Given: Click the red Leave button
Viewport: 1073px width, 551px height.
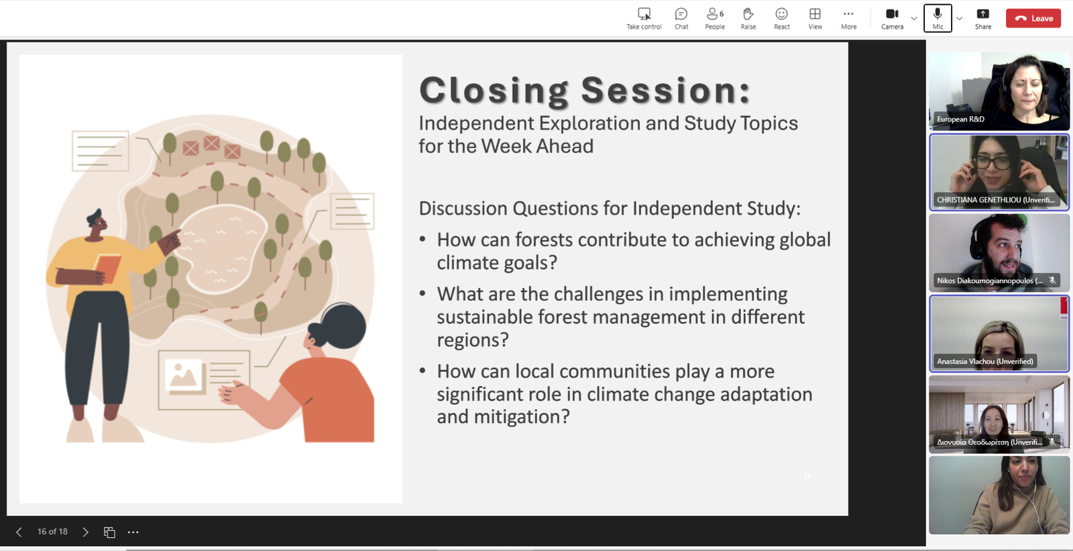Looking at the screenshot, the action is (1033, 18).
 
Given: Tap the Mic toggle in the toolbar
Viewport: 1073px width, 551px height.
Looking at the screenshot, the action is (938, 18).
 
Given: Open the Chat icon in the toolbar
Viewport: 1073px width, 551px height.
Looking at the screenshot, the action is (681, 19).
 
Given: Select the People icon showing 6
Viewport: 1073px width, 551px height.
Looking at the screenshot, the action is (715, 19).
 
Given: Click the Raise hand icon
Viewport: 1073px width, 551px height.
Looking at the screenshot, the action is (748, 19).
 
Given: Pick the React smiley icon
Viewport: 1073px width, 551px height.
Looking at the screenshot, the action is (782, 19).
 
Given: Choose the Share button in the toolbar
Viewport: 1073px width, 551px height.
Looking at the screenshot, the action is (983, 19).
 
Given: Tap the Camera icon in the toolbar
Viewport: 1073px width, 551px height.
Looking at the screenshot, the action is (892, 19).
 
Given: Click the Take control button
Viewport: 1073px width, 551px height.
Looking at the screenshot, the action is (644, 19).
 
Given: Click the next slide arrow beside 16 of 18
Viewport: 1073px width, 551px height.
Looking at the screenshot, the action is (85, 532).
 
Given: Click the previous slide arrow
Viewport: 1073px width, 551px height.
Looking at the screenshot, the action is (19, 532).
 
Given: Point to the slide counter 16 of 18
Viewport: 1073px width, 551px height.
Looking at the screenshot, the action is (53, 532).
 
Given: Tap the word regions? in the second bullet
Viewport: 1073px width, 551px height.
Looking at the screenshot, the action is (472, 340).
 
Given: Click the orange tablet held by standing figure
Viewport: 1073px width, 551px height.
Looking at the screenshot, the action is (107, 268).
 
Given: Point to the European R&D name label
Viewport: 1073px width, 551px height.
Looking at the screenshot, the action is (960, 119).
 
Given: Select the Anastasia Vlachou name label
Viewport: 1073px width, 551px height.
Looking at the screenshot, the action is (985, 361).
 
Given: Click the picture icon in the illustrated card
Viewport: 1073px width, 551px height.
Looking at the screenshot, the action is (184, 374).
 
